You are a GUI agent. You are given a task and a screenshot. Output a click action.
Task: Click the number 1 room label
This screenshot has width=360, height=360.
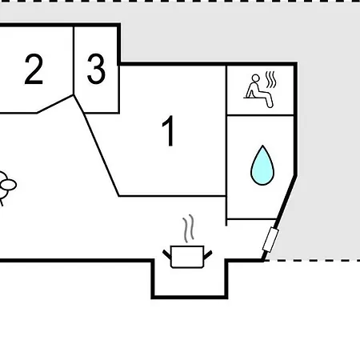(x=169, y=130)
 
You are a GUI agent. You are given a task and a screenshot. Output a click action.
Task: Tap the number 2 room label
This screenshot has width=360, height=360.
(x=34, y=69)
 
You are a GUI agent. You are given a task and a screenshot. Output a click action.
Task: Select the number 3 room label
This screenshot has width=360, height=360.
(x=96, y=69)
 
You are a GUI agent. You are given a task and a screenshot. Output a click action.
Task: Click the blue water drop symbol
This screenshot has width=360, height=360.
(x=262, y=166)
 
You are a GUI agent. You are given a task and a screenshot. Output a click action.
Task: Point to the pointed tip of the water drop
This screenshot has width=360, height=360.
(x=262, y=146)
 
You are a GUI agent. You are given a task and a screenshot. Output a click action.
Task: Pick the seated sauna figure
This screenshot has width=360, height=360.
(x=258, y=91)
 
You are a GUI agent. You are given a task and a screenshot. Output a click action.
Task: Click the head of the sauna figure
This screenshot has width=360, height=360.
(x=255, y=78)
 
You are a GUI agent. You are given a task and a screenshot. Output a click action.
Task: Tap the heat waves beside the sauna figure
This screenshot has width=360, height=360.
(x=270, y=80)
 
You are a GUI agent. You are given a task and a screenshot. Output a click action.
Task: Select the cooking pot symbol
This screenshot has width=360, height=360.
(x=187, y=257)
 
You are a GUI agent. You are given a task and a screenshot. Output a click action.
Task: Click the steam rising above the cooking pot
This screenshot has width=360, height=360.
(x=188, y=228)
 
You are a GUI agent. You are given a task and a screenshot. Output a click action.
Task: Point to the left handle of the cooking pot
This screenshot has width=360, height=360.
(x=167, y=255)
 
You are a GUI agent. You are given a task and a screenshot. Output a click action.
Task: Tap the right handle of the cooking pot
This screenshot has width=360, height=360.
(x=208, y=254)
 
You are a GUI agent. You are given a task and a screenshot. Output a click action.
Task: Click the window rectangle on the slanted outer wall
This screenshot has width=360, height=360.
(x=270, y=240)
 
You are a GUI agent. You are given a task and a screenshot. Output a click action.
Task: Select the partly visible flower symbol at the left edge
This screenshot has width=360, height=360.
(x=6, y=186)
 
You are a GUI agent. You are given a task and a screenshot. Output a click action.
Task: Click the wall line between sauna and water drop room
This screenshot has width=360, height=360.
(x=260, y=115)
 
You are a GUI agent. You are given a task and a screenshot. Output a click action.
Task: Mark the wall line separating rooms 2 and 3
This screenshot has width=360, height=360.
(x=74, y=61)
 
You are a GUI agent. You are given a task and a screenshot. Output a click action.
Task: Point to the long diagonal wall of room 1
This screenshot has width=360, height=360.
(x=102, y=154)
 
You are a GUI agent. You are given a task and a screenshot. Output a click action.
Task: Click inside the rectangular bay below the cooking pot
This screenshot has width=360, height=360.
(x=190, y=282)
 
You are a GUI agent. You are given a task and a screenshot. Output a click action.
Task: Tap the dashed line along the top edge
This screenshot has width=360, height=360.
(x=180, y=2)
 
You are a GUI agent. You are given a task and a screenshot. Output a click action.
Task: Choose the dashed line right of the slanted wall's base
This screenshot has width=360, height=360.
(x=312, y=260)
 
